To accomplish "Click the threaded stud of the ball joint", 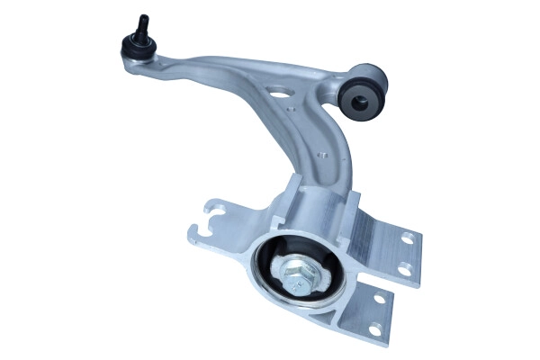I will (x=142, y=23).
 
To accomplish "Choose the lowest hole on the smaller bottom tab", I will (x=370, y=328).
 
